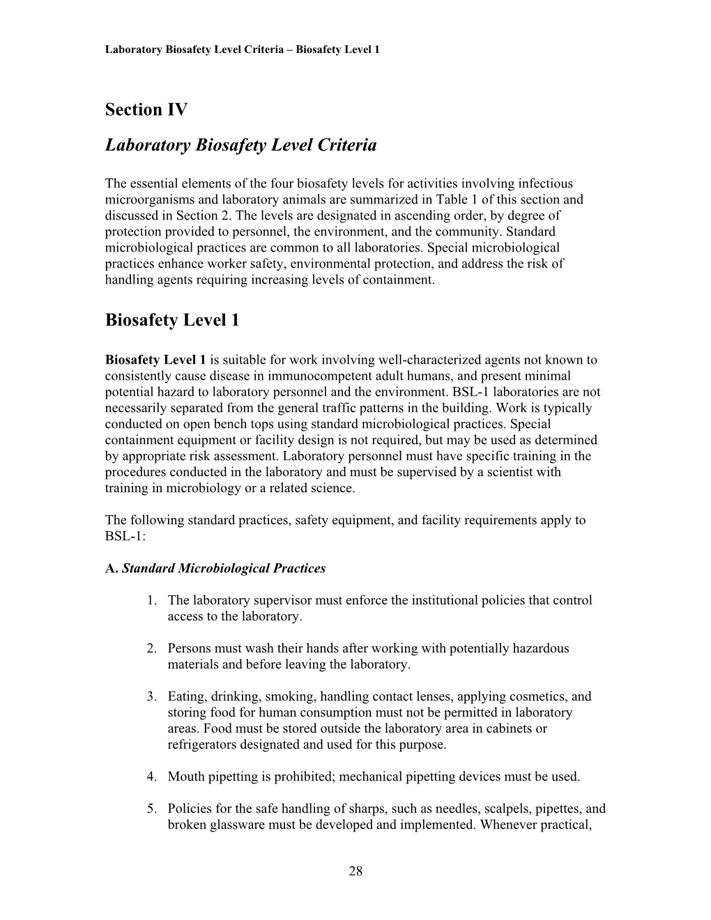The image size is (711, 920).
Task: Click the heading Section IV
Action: [146, 109]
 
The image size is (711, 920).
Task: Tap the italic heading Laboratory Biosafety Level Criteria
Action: [240, 145]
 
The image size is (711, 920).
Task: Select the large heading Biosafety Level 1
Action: [172, 320]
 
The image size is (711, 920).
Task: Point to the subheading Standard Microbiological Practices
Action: [223, 568]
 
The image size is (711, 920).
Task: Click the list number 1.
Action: [151, 600]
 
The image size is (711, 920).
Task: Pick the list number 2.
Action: [151, 648]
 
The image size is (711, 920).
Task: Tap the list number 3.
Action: [151, 696]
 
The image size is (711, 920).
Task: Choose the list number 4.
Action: [151, 776]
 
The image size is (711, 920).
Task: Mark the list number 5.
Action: [151, 808]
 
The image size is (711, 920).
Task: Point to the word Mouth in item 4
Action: [185, 776]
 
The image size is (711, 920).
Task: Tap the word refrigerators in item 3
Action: [199, 744]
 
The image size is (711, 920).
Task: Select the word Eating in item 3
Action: [185, 696]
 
